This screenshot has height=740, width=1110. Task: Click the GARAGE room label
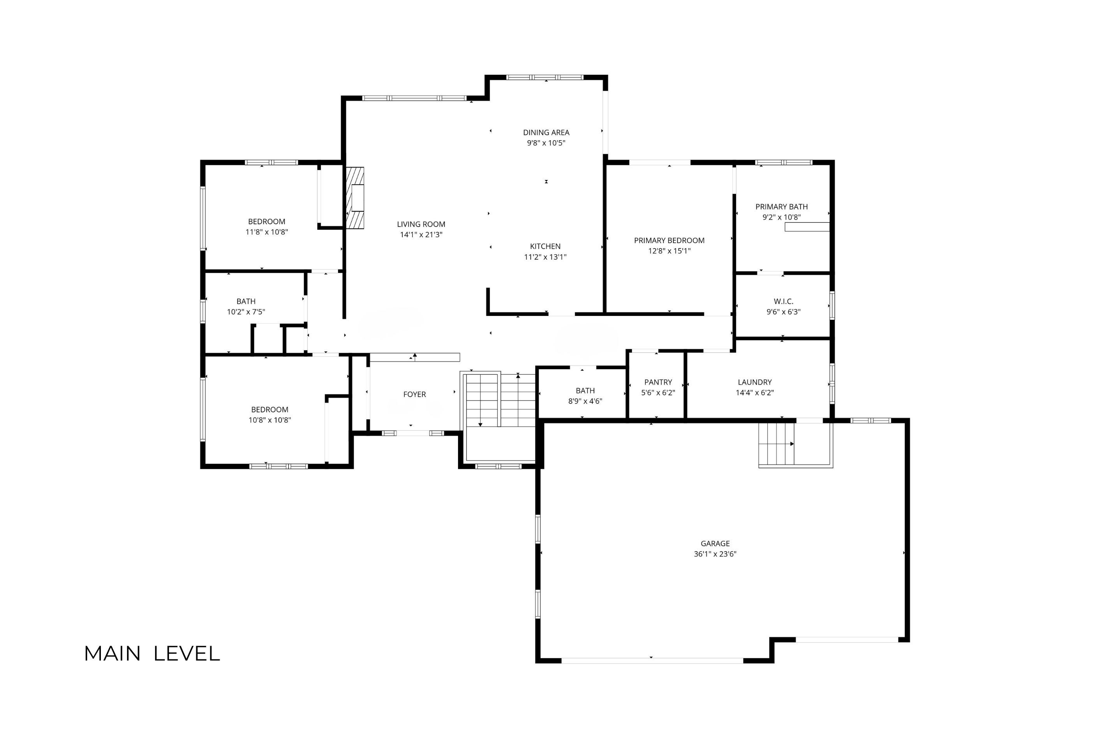[715, 543]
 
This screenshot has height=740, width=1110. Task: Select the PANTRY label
[658, 382]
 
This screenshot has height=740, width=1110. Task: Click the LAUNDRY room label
[755, 382]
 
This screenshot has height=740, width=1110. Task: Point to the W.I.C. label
[783, 301]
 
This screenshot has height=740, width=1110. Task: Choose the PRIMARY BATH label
[782, 206]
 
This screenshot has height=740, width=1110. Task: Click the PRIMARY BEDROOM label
[669, 240]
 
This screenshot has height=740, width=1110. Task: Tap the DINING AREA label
[546, 132]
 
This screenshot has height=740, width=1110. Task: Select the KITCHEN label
[545, 246]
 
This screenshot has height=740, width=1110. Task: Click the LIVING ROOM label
[421, 224]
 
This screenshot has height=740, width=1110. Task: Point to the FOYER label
[414, 394]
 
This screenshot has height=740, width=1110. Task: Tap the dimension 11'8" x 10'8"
[267, 232]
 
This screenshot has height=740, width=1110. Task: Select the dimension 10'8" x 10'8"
[270, 420]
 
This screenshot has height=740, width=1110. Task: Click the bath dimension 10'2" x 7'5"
[246, 312]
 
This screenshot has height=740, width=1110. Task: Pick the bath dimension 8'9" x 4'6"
[585, 401]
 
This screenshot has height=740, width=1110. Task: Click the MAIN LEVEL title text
[152, 654]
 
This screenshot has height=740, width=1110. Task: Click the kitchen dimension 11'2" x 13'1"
[545, 257]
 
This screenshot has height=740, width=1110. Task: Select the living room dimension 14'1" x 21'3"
[421, 234]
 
